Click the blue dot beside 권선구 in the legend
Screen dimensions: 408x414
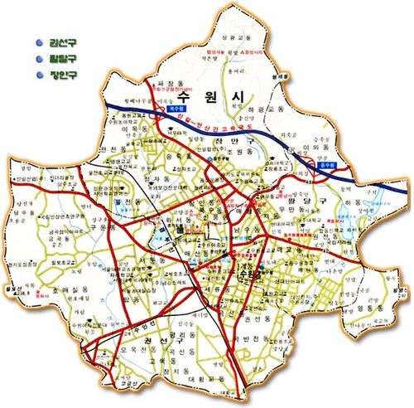39,42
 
